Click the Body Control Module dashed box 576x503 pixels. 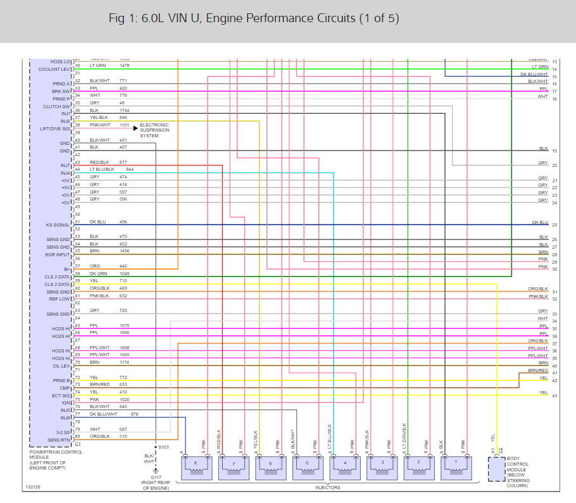[x=497, y=468]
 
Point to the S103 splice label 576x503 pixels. [x=164, y=447]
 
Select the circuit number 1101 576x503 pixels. [x=124, y=125]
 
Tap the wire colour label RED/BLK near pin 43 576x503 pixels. [x=99, y=163]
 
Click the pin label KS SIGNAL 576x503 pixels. [x=56, y=225]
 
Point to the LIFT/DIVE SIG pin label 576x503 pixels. [x=54, y=128]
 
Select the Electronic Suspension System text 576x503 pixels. [x=154, y=130]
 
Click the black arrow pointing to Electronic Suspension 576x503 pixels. [x=135, y=128]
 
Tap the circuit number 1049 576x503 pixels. [x=124, y=274]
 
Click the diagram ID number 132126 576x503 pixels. [x=34, y=487]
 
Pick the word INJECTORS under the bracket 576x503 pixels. [x=328, y=487]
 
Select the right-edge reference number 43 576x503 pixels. [x=554, y=396]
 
